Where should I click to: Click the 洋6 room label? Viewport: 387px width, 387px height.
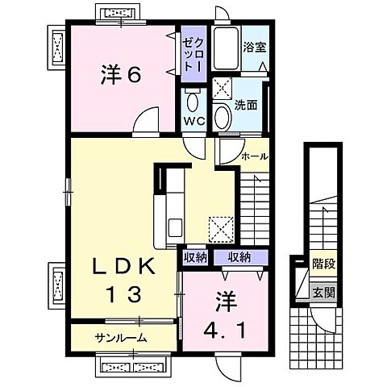point(121,75)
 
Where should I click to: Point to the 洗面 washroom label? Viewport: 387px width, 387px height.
point(246,104)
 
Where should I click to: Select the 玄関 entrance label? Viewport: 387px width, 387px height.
point(323,293)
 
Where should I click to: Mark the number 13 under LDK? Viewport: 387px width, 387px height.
point(122,291)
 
